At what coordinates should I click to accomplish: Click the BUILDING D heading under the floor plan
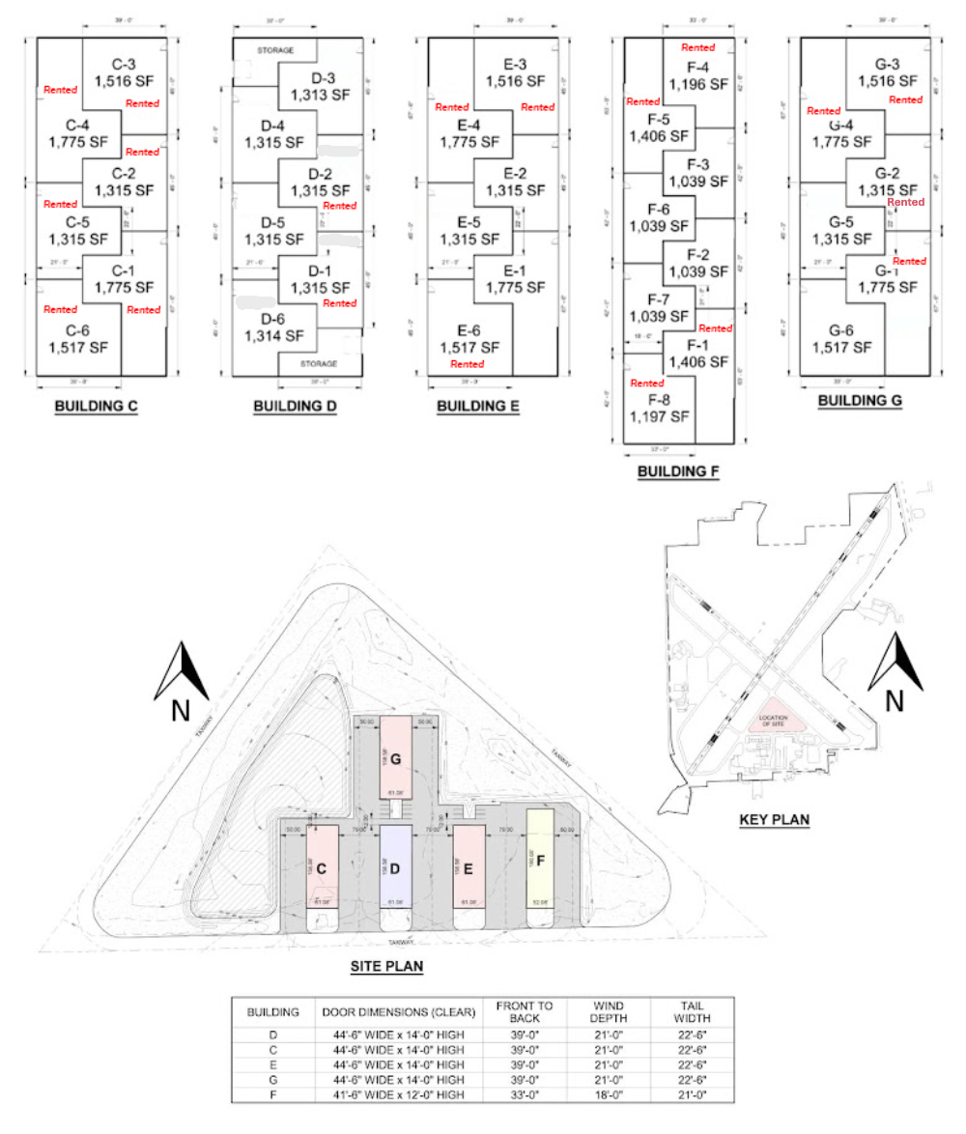point(295,407)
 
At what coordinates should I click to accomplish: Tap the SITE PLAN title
point(385,965)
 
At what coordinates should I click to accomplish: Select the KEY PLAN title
point(774,820)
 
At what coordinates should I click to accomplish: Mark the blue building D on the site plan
point(394,866)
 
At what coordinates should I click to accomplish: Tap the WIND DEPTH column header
point(609,1012)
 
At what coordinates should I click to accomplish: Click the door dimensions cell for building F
point(399,1094)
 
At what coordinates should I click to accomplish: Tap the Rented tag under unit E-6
point(468,364)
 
